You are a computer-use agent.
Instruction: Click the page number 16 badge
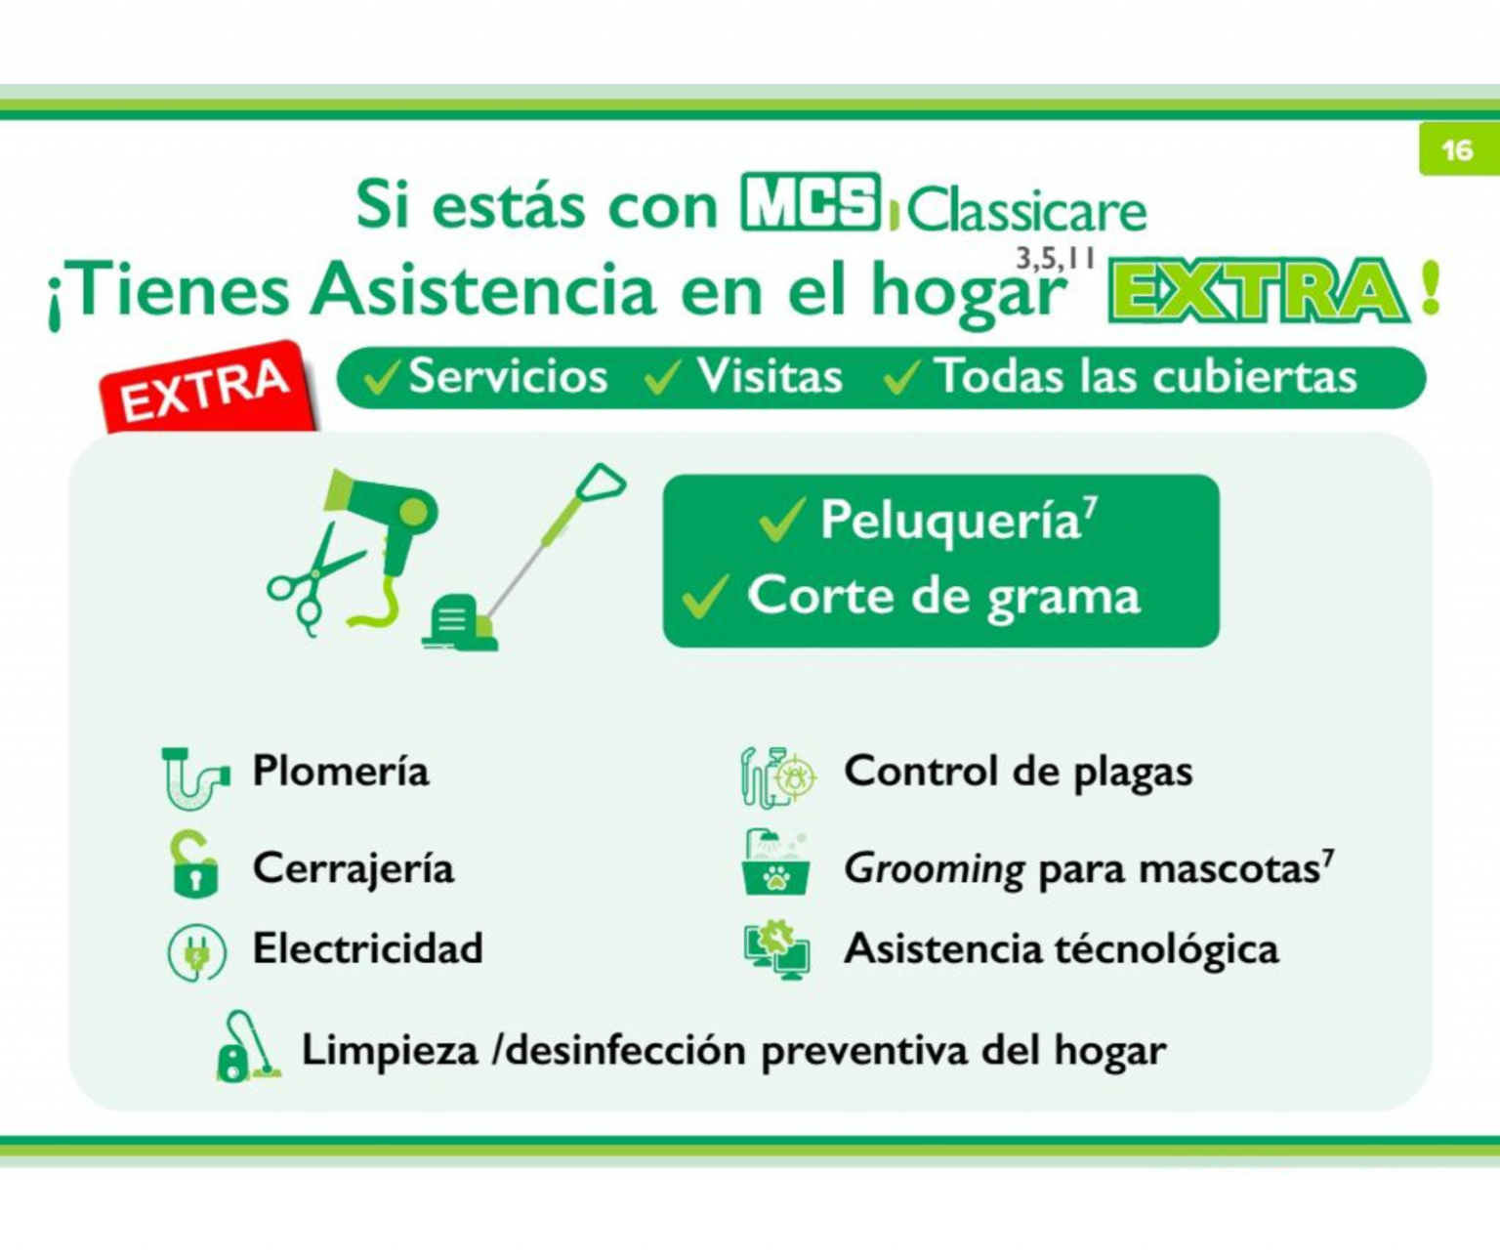[x=1457, y=150]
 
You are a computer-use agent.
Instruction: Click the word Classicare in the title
[x=1025, y=209]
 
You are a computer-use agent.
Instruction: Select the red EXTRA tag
[x=207, y=388]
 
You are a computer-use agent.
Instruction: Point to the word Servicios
[x=508, y=377]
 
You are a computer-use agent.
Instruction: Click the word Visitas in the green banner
[x=769, y=377]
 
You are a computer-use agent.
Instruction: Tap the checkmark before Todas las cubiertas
[x=901, y=377]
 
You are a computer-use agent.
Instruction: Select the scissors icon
[x=311, y=584]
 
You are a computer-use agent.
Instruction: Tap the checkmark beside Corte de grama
[x=705, y=596]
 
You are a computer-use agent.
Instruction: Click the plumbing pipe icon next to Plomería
[x=194, y=777]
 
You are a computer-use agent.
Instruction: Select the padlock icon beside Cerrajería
[x=194, y=865]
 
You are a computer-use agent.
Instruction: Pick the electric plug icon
[x=196, y=952]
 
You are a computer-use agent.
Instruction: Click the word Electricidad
[x=367, y=948]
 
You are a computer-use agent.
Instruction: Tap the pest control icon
[x=777, y=776]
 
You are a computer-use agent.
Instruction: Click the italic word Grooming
[x=934, y=868]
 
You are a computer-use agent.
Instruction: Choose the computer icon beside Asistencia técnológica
[x=777, y=950]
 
